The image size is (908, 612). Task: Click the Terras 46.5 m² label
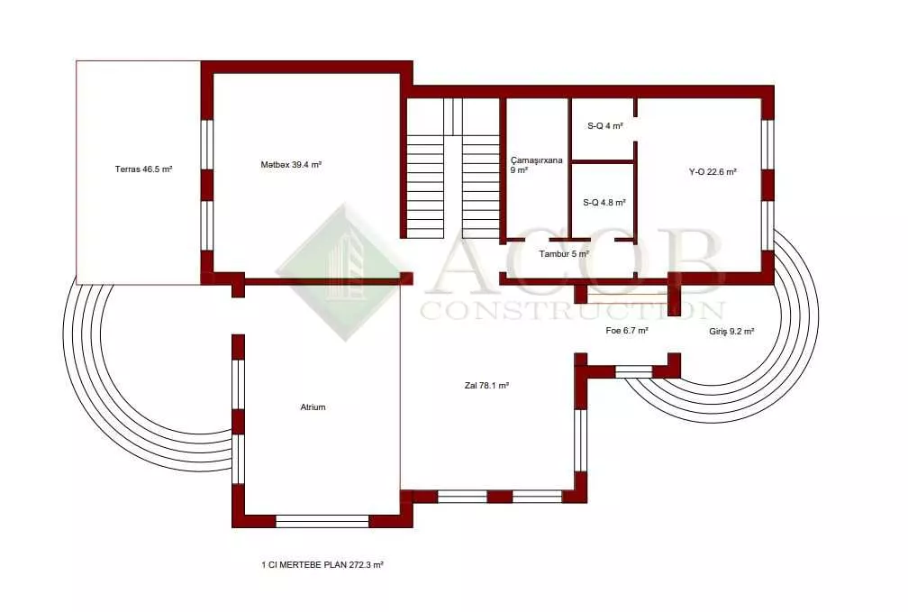[x=143, y=169]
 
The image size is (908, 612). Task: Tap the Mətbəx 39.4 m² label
[x=291, y=165]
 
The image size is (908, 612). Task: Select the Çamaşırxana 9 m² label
[x=536, y=165]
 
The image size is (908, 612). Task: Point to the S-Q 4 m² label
[x=604, y=126]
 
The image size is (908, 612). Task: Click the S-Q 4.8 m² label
[x=604, y=203]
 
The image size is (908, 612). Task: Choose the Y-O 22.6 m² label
[x=713, y=171]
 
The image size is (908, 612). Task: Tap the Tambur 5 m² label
[x=564, y=254]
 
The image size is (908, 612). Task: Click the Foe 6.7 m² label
[x=627, y=331]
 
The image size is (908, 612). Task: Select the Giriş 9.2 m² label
[x=731, y=332]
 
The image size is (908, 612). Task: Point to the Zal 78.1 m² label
[x=486, y=386]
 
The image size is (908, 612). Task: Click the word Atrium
[x=313, y=406]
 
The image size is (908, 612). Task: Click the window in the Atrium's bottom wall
[x=322, y=521]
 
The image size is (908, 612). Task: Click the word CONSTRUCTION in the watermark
[x=572, y=310]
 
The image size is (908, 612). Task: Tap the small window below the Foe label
[x=633, y=371]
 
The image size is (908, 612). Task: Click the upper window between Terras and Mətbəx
[x=207, y=144]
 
